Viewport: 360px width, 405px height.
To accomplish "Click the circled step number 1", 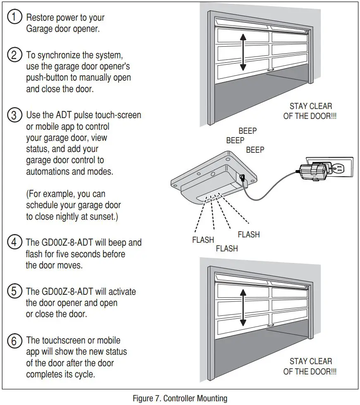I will pos(15,17).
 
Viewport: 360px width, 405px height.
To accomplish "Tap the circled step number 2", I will pos(15,55).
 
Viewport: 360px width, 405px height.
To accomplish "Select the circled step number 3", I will pos(15,115).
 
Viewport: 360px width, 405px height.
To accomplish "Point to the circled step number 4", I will pos(15,242).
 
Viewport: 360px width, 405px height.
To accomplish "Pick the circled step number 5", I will pos(15,291).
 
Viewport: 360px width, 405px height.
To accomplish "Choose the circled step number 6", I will pos(15,341).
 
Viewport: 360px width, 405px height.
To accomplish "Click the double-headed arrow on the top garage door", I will pos(243,52).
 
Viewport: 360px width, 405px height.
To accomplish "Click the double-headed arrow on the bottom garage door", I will pos(243,308).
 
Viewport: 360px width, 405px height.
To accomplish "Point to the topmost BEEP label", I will pos(248,131).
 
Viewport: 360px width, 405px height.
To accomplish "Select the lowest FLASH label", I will pos(227,249).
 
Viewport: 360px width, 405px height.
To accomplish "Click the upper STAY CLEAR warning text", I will pos(310,111).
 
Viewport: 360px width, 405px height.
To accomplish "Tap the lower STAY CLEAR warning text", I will pos(310,366).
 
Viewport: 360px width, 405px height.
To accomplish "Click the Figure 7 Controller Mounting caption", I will pos(180,398).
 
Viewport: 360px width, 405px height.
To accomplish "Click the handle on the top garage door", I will pos(271,71).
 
